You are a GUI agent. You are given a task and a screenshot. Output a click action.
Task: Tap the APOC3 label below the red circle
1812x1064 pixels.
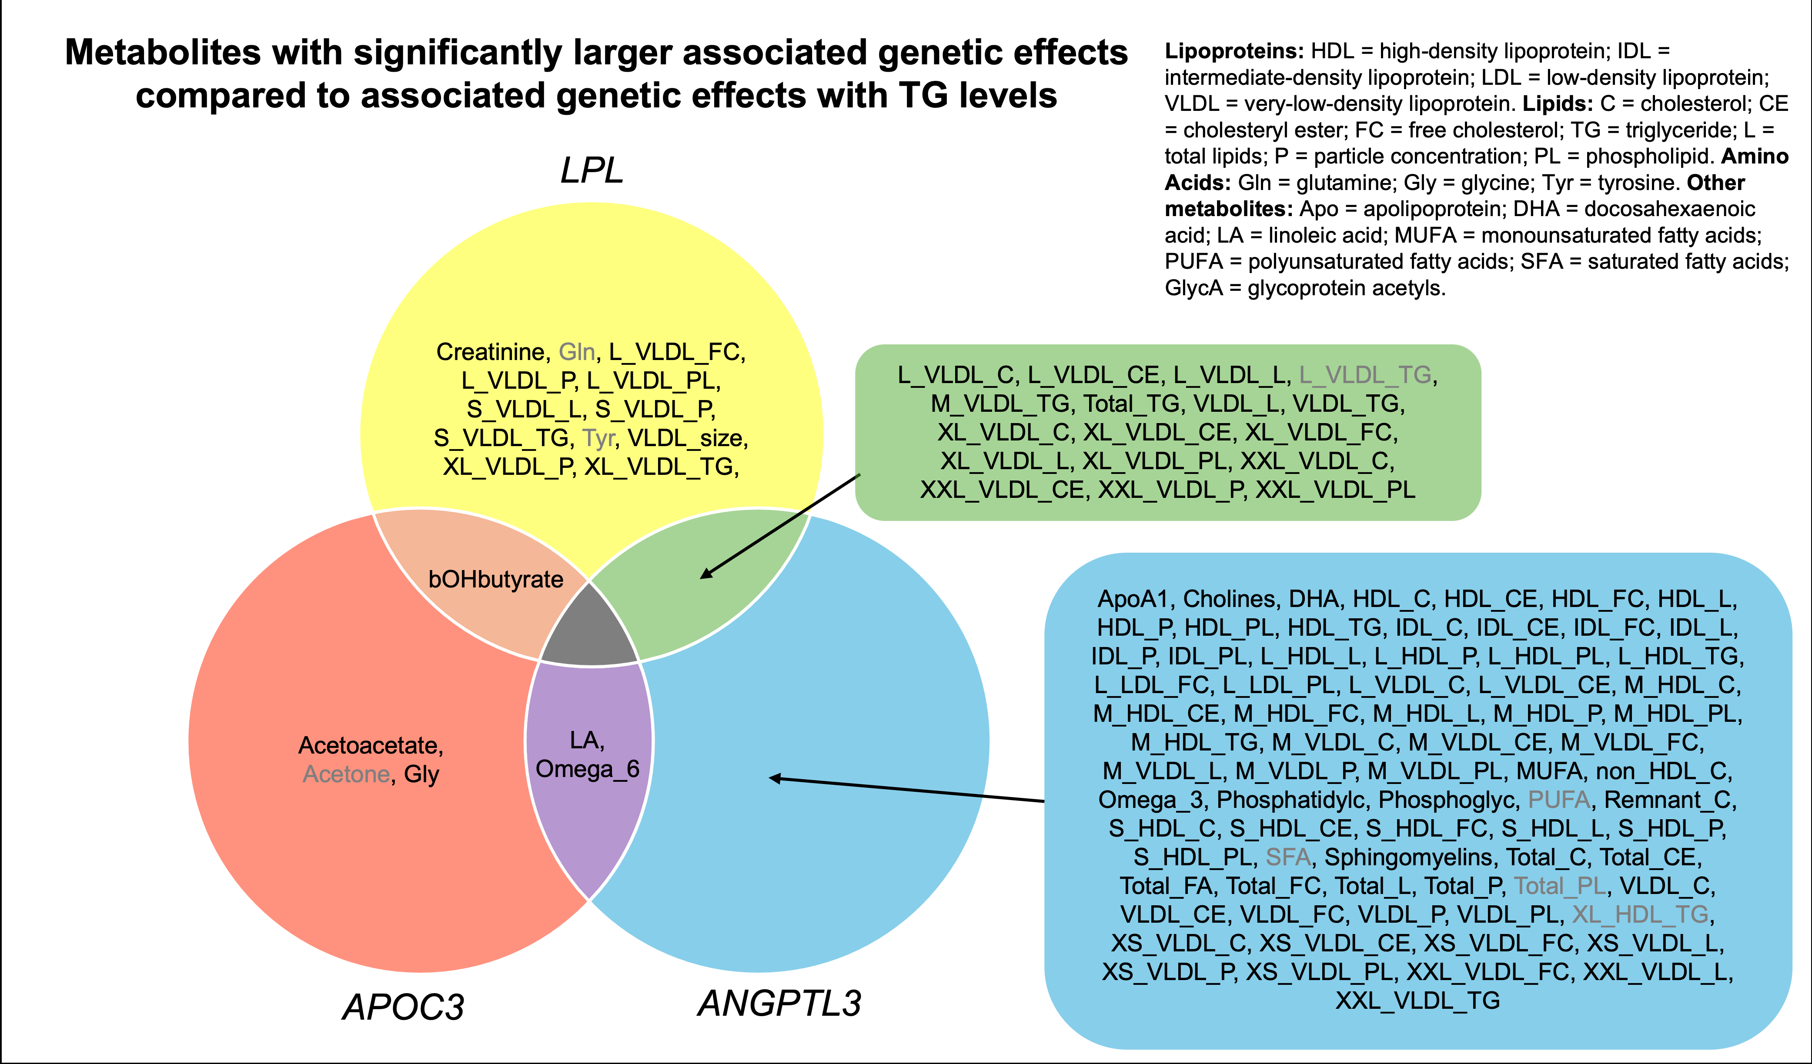[403, 1007]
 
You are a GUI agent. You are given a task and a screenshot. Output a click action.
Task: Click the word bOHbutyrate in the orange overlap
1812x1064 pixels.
[495, 580]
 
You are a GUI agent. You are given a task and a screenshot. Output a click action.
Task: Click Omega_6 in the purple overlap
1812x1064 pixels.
[588, 769]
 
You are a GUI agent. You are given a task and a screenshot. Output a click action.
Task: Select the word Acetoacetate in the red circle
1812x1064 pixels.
[370, 746]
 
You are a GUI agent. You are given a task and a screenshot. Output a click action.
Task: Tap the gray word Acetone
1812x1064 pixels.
[346, 774]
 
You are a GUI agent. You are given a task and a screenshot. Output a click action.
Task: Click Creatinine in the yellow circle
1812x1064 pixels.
[491, 352]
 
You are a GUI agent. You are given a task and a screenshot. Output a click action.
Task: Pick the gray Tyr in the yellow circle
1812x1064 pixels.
[598, 439]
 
